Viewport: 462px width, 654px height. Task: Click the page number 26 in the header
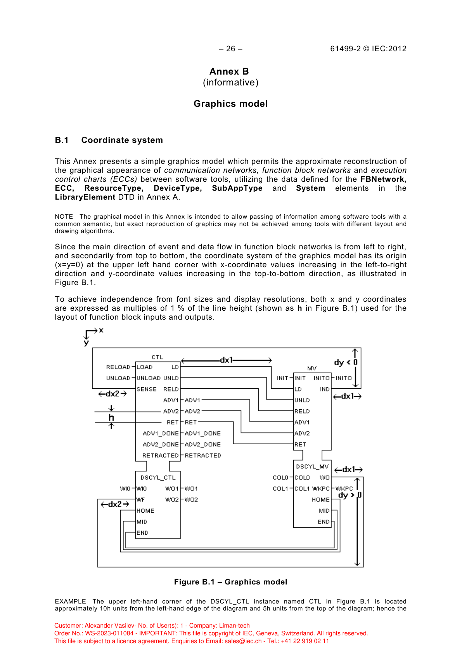click(231, 49)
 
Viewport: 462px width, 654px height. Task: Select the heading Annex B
click(229, 71)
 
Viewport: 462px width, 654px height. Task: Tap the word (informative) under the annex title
click(230, 82)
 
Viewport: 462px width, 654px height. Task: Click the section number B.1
click(62, 140)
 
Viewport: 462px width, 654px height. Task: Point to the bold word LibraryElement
click(85, 197)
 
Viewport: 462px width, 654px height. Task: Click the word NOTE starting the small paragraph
click(64, 217)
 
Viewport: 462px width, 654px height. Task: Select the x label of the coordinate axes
click(101, 330)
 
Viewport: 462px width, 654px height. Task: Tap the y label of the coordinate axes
click(86, 343)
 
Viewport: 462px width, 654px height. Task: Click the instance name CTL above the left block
click(157, 357)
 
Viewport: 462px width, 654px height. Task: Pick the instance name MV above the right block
click(312, 368)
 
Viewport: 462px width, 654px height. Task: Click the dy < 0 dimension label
click(346, 362)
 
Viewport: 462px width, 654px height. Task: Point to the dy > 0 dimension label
click(350, 495)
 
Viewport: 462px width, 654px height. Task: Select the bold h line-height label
click(111, 417)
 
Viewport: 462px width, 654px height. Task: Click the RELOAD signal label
click(118, 367)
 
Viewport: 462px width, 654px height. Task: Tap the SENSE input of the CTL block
click(147, 389)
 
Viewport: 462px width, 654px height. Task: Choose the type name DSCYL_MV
click(312, 466)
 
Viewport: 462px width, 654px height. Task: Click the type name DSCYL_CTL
click(158, 478)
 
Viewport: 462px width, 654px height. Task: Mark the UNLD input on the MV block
click(302, 400)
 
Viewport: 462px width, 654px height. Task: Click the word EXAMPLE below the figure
click(70, 601)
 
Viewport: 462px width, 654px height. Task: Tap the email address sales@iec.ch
click(243, 641)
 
